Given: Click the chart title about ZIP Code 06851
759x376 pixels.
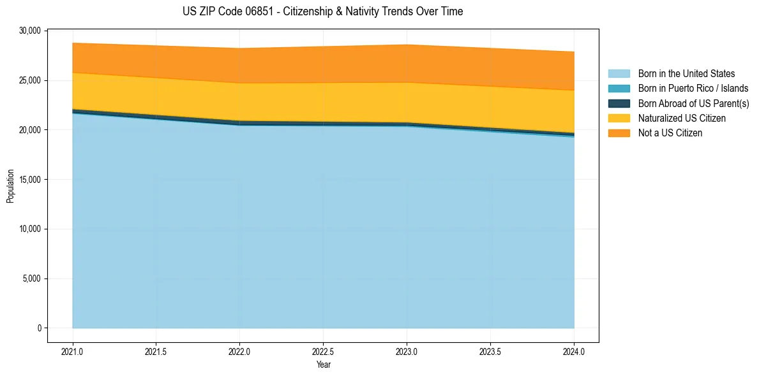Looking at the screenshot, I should (x=322, y=11).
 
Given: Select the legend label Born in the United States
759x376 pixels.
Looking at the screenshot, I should (x=686, y=74).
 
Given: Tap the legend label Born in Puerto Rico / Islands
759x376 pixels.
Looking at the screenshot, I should (x=693, y=89).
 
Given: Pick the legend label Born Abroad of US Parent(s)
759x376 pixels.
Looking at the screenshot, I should (x=693, y=103).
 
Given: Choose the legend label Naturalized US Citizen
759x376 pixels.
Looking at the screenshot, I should (x=682, y=119).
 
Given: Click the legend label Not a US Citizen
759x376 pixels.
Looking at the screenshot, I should (x=670, y=133).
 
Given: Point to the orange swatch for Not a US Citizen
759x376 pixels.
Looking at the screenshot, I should (x=619, y=133).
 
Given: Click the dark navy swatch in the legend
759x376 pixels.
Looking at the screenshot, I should (x=619, y=103).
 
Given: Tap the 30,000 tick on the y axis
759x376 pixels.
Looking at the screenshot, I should (x=30, y=31).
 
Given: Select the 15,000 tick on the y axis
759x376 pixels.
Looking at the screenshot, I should (x=30, y=180).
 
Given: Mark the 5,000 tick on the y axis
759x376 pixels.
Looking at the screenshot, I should (x=32, y=278).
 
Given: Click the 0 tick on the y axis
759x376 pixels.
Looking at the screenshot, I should (x=39, y=328).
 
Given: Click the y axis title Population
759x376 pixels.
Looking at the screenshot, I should (x=10, y=186).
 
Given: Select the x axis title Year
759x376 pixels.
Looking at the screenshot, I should (x=323, y=365).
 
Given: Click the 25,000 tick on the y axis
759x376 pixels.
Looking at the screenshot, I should (x=30, y=80).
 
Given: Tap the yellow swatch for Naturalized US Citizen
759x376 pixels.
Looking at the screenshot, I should (x=619, y=119).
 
